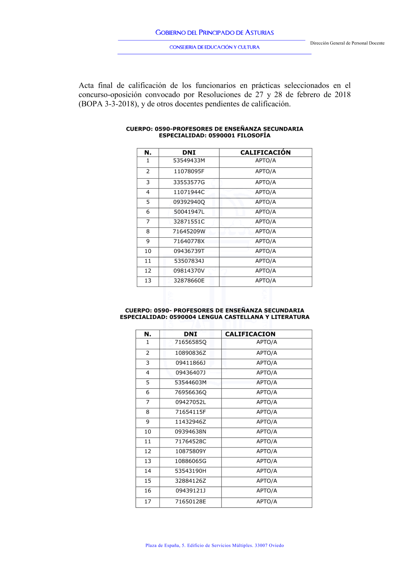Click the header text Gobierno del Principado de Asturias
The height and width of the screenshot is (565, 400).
(x=214, y=33)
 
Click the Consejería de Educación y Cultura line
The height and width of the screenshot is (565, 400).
(x=214, y=47)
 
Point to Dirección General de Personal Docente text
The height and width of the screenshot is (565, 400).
(x=347, y=43)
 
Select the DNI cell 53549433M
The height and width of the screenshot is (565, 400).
(x=189, y=161)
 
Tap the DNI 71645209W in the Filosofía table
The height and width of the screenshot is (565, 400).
(x=189, y=231)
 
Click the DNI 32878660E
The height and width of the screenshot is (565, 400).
(x=189, y=281)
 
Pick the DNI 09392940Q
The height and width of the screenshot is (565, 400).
(x=189, y=202)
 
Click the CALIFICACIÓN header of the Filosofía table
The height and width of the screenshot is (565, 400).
(x=265, y=153)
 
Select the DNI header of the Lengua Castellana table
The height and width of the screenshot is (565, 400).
(x=190, y=334)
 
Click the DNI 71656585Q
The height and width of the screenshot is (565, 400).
(x=190, y=342)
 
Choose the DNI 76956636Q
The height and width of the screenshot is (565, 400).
(x=190, y=392)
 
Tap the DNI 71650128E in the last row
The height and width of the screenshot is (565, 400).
(x=190, y=501)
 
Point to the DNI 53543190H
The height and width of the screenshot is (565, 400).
(x=190, y=471)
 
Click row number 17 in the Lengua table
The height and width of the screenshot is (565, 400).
(x=148, y=501)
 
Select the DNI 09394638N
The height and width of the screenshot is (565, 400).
(x=190, y=432)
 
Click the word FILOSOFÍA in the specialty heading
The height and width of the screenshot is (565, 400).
(x=254, y=135)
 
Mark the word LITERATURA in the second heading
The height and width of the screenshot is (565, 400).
(x=290, y=317)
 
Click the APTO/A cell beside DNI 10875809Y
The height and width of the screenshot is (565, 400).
(x=266, y=452)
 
